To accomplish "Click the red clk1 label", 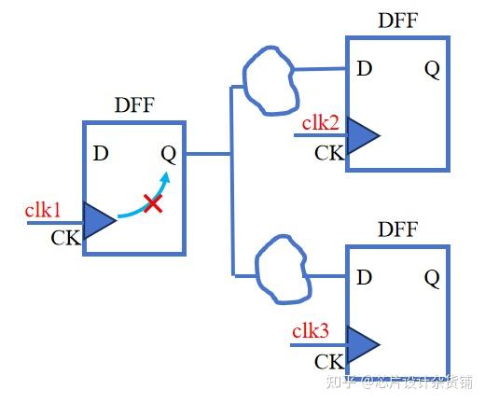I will [x=43, y=210].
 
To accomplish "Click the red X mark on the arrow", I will [x=153, y=201].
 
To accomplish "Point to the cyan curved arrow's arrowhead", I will [x=166, y=177].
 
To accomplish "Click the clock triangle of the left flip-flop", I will [x=98, y=220].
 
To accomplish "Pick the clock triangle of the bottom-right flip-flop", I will [x=362, y=344].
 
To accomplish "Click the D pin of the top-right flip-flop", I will [x=365, y=68].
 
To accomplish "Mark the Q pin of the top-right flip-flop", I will [x=431, y=68].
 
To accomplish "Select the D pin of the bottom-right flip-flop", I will [x=365, y=277].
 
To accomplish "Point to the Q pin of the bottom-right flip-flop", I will [x=431, y=277].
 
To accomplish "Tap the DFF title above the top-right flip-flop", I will [x=398, y=21].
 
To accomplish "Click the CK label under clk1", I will [x=65, y=237].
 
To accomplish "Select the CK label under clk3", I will [x=328, y=361].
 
